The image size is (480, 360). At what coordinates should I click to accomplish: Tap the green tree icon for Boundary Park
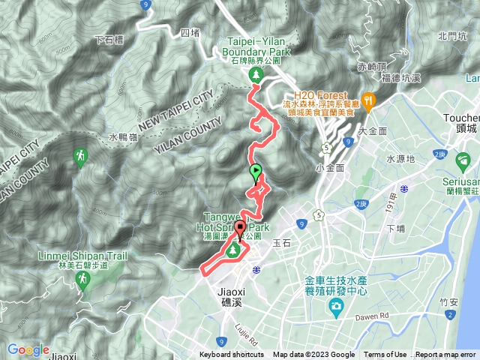256,74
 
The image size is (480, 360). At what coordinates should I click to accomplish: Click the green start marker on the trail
256,171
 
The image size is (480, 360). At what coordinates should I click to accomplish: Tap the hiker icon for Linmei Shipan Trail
81,280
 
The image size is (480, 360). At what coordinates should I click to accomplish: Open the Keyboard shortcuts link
231,355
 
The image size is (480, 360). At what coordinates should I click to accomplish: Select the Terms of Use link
385,355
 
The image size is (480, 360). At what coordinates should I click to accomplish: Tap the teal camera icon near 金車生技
335,307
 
